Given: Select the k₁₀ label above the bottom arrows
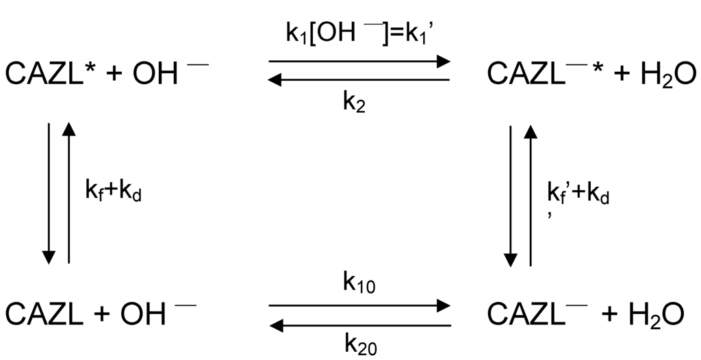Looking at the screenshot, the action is pos(358,281).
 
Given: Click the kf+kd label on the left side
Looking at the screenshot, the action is pos(113,194).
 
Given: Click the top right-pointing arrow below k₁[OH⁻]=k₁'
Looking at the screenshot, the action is pos(359,61).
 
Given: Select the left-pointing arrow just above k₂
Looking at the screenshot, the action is pos(359,80).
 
